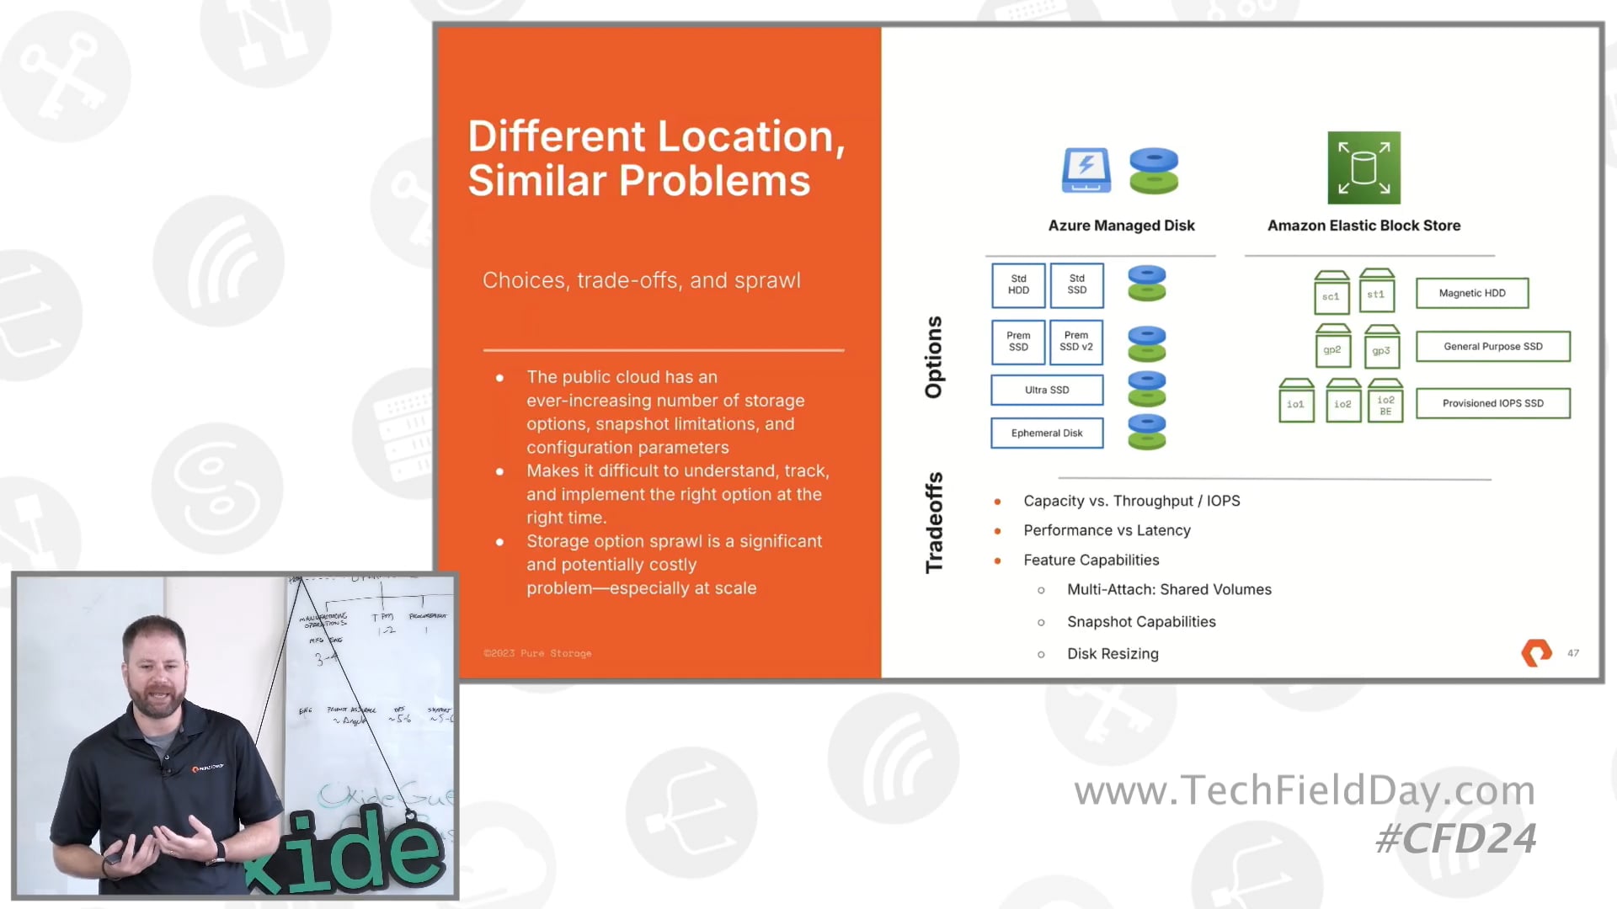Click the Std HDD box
coord(1018,285)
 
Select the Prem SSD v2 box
coord(1076,342)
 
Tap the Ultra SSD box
coord(1047,390)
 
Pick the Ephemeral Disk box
coord(1047,433)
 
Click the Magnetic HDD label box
coord(1472,293)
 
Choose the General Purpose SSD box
coord(1492,346)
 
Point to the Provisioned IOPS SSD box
coord(1492,403)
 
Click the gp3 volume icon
coord(1381,348)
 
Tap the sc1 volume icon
coord(1331,294)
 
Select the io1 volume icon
coord(1295,402)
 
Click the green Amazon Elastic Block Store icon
coord(1364,167)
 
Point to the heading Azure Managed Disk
coord(1121,226)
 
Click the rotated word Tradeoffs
coord(934,523)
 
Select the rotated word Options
coord(934,357)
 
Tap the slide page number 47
coord(1573,653)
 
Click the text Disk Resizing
coord(1113,654)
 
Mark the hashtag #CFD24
coord(1455,838)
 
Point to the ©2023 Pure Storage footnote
coord(537,653)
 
